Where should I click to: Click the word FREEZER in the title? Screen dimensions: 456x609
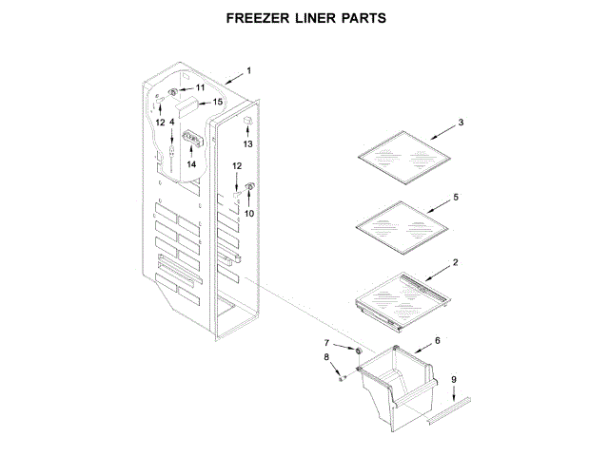click(x=256, y=18)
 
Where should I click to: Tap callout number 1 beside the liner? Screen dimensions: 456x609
click(x=248, y=70)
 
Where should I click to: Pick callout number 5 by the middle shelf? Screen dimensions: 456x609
click(x=456, y=197)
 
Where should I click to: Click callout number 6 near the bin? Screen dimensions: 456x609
click(x=438, y=339)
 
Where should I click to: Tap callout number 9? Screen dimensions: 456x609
click(x=454, y=380)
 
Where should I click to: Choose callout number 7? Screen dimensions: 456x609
click(x=328, y=342)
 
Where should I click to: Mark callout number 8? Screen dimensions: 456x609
click(x=327, y=357)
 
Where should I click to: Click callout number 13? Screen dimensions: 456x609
click(x=247, y=144)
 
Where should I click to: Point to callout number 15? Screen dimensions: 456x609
click(x=216, y=102)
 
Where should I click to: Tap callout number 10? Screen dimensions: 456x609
click(x=249, y=213)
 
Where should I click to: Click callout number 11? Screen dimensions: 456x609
click(x=200, y=87)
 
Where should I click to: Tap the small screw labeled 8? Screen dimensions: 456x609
click(x=342, y=377)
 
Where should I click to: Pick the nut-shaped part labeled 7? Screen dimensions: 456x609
click(x=357, y=350)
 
